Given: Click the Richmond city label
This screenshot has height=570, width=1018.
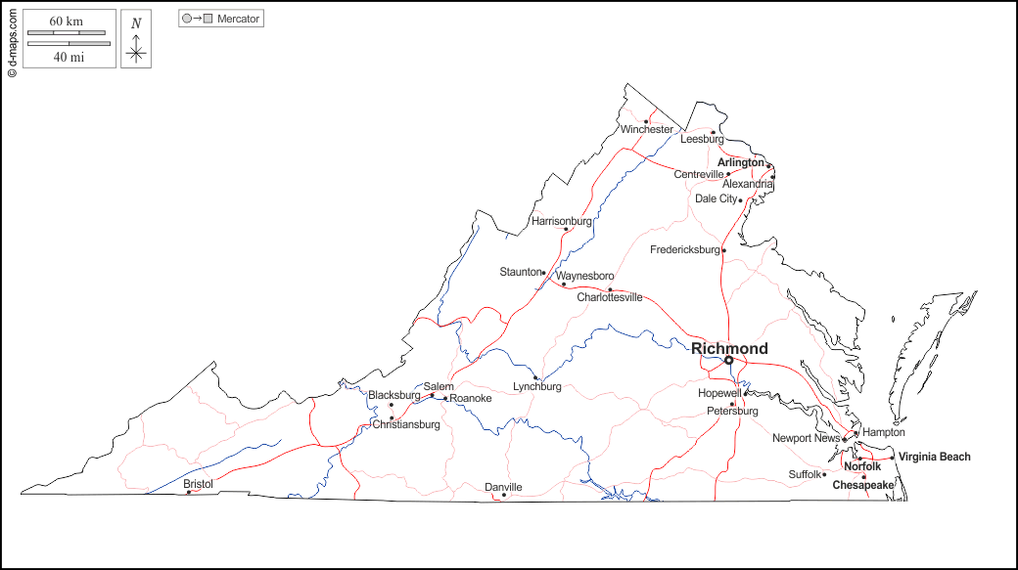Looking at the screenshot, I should click(729, 348).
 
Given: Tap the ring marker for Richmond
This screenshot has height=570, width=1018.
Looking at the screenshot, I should click(728, 361).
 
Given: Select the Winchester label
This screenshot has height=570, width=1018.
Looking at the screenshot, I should click(646, 129).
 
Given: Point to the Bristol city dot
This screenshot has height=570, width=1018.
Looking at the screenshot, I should click(189, 492).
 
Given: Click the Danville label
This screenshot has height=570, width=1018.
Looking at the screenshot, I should click(503, 487).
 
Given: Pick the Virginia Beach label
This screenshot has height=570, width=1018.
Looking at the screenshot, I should click(935, 457).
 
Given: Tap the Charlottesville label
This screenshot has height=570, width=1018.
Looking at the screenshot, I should click(609, 297).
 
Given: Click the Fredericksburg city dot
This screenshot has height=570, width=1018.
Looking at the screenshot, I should click(723, 250).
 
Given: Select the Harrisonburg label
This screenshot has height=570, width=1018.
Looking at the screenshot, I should click(562, 221).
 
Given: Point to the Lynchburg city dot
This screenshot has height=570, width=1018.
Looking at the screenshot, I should click(534, 377).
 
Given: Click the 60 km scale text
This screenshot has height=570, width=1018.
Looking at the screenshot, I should click(66, 21).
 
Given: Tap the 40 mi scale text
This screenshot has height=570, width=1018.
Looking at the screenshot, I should click(66, 57).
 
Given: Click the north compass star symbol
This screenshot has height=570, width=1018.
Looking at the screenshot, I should click(136, 54).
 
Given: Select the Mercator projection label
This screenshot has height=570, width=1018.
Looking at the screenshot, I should click(238, 19).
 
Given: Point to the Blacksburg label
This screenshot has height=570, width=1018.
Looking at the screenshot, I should click(393, 395).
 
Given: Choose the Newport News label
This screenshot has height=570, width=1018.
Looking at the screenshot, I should click(806, 438).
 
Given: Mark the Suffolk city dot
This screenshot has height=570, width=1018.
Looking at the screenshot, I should click(824, 474).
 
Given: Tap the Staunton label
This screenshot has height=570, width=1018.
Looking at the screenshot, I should click(520, 272).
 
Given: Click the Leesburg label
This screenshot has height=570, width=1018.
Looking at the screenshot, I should click(702, 139).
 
